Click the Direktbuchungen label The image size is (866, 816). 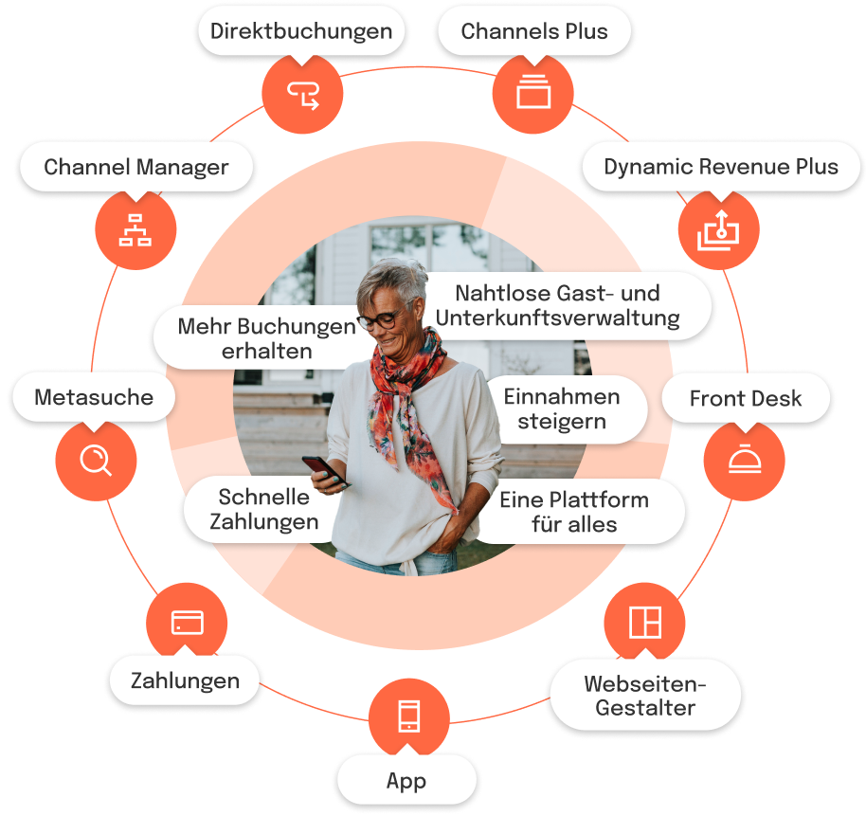[x=300, y=31]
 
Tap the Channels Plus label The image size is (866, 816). [x=534, y=31]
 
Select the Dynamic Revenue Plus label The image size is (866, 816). [x=720, y=168]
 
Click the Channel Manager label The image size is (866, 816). [x=136, y=168]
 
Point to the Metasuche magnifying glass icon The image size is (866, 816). [x=95, y=461]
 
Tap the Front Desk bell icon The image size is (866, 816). [x=744, y=460]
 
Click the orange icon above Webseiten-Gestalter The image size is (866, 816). [x=644, y=623]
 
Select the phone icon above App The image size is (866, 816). [x=408, y=716]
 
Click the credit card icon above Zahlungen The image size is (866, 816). [x=187, y=623]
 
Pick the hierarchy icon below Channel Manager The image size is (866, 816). [x=135, y=229]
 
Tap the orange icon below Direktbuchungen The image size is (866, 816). [x=302, y=93]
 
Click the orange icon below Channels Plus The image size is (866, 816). [x=533, y=93]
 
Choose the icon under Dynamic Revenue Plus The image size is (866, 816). [x=719, y=229]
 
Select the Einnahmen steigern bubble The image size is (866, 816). [x=561, y=408]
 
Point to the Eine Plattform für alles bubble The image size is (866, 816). [x=574, y=512]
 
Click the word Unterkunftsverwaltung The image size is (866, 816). [x=557, y=318]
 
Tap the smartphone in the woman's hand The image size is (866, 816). [x=322, y=470]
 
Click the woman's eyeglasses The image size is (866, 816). [x=379, y=320]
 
